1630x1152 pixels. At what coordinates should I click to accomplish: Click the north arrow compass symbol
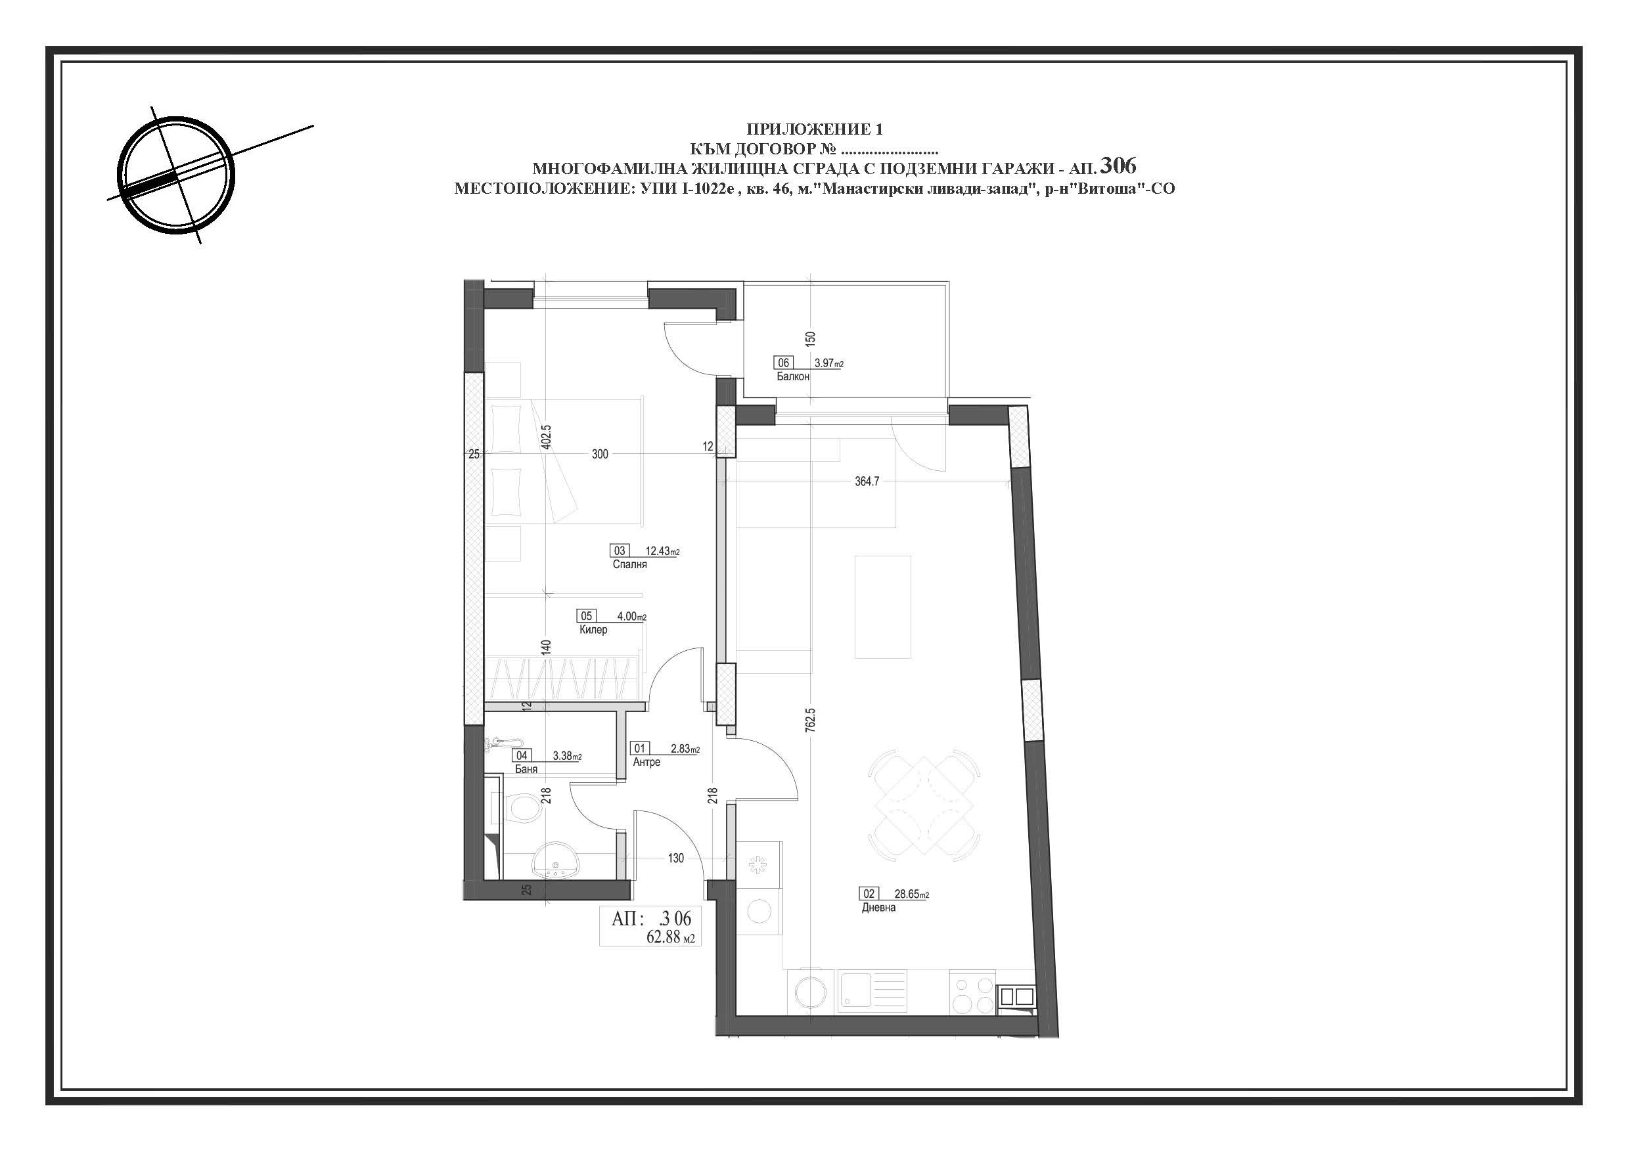pyautogui.click(x=175, y=175)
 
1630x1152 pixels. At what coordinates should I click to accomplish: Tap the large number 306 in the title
pyautogui.click(x=1118, y=166)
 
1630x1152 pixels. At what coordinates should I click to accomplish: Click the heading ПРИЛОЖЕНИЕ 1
pyautogui.click(x=814, y=129)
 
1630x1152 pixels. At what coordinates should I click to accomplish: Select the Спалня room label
pyautogui.click(x=629, y=565)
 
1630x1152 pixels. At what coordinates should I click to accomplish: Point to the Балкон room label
pyautogui.click(x=793, y=377)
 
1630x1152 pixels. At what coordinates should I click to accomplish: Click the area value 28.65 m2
pyautogui.click(x=911, y=895)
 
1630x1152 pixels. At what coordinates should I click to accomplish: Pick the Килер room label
pyautogui.click(x=593, y=630)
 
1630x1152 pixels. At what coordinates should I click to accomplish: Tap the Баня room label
pyautogui.click(x=526, y=768)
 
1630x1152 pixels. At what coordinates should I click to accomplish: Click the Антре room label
pyautogui.click(x=646, y=762)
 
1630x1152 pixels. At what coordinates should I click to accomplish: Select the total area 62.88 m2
pyautogui.click(x=670, y=937)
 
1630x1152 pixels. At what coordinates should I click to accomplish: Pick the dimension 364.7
pyautogui.click(x=867, y=481)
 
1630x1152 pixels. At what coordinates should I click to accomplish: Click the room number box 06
pyautogui.click(x=784, y=363)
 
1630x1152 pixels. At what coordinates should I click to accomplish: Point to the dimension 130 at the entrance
pyautogui.click(x=676, y=858)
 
